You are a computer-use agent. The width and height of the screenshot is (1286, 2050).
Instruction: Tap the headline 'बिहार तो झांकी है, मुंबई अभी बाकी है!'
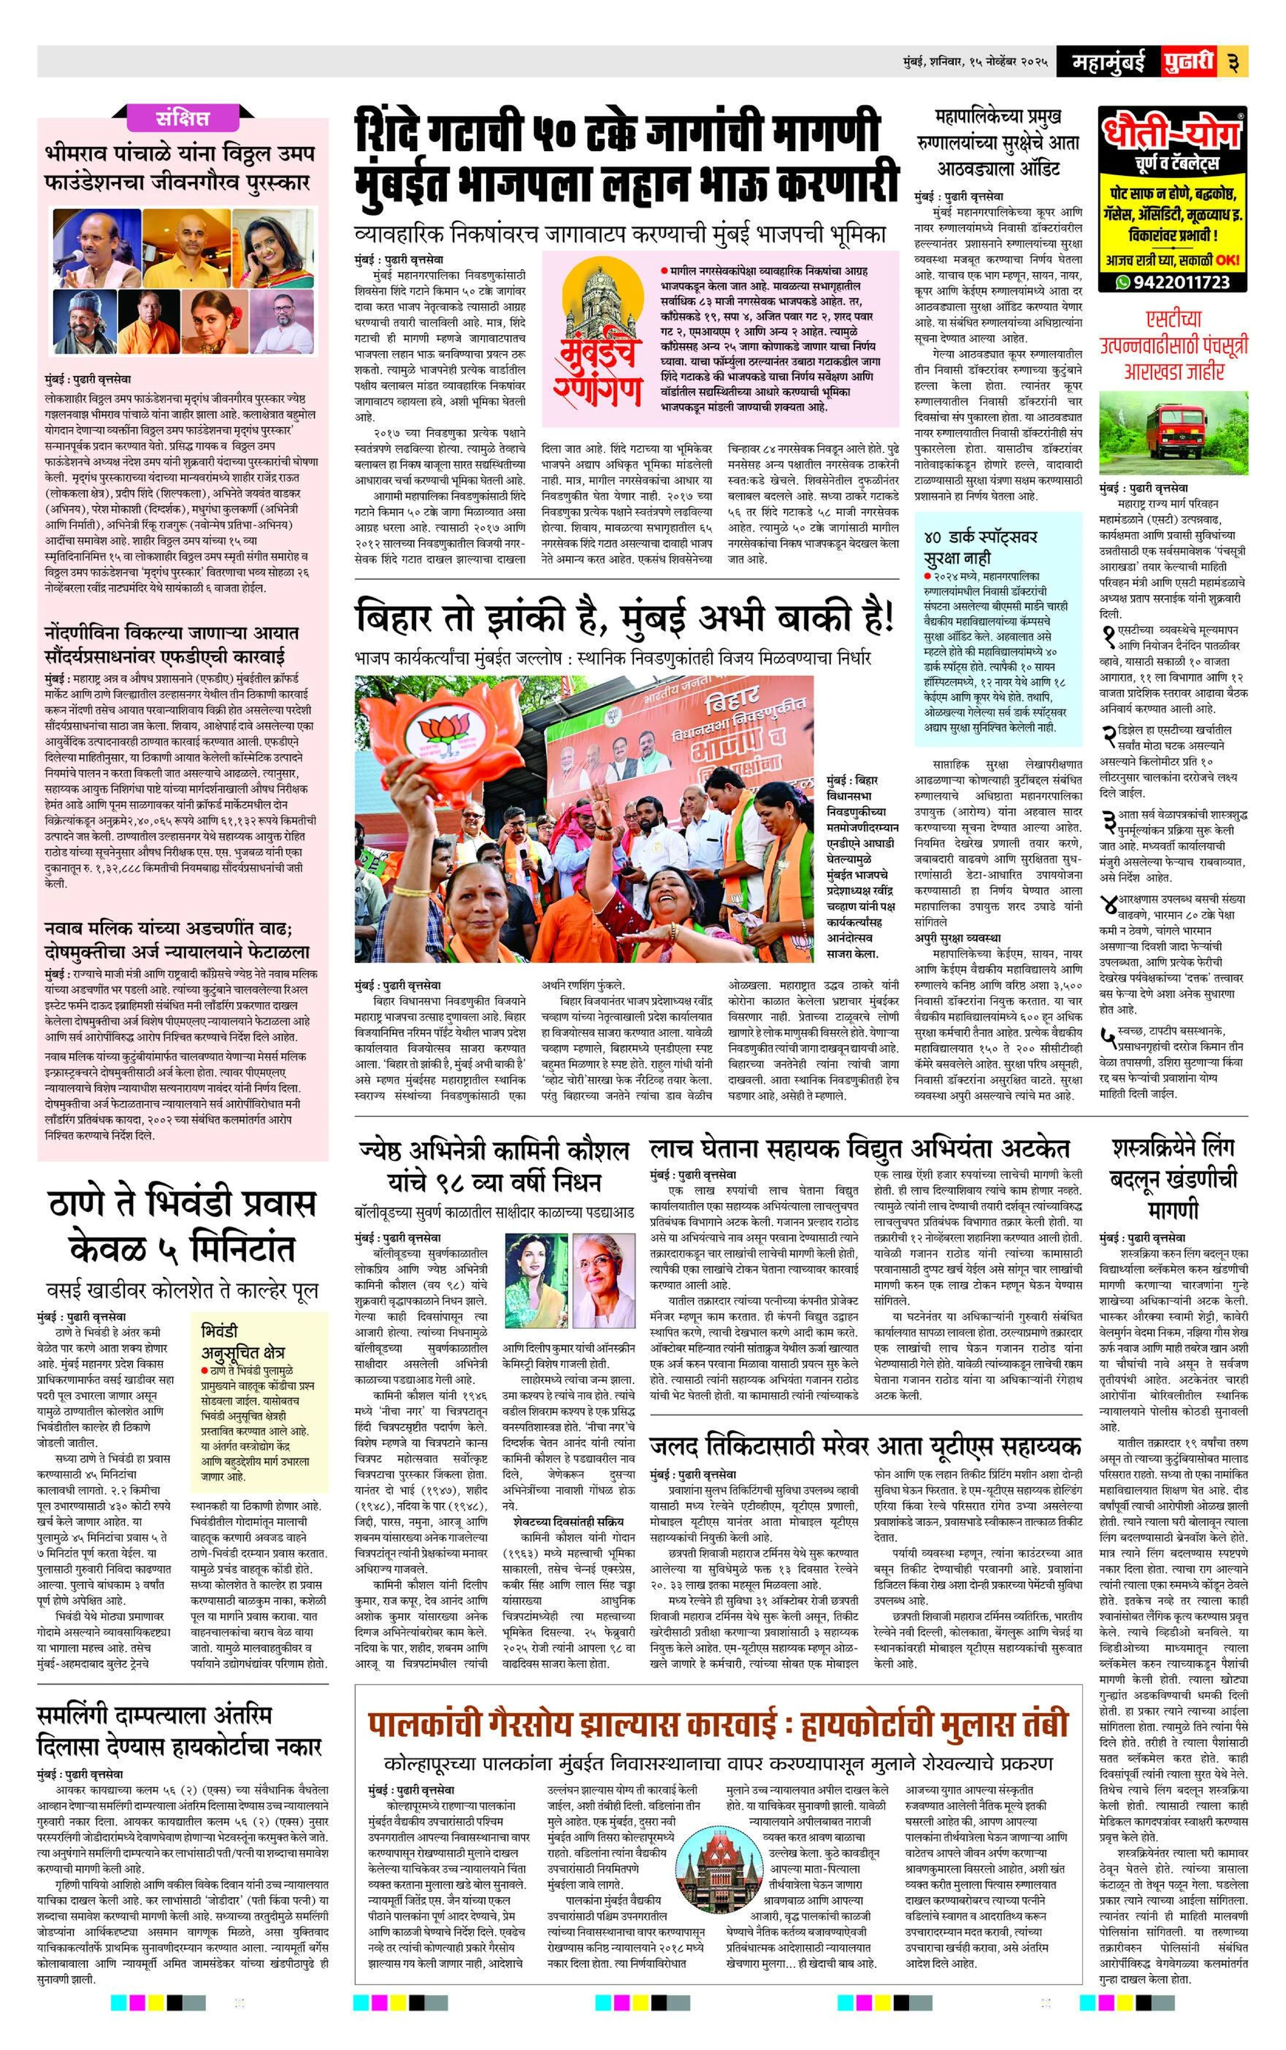pyautogui.click(x=625, y=618)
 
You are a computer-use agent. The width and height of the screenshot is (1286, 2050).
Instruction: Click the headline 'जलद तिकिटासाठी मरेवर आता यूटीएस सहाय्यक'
pyautogui.click(x=864, y=1446)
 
